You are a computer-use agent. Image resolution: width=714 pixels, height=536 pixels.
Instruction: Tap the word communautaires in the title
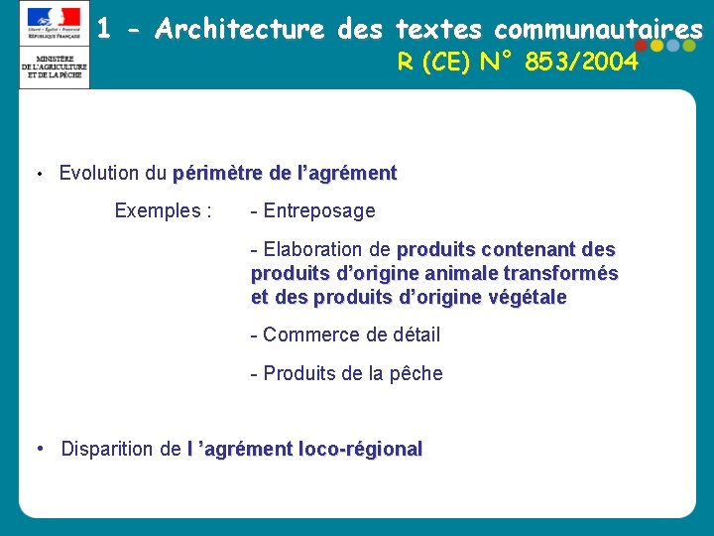pos(598,30)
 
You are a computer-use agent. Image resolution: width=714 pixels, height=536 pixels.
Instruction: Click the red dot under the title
pos(641,45)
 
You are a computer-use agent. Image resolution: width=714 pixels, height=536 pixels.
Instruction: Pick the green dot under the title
pos(687,45)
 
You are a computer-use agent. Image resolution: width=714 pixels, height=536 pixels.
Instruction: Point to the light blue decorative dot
pos(672,45)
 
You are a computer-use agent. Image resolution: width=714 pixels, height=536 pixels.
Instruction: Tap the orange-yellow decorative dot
pos(656,45)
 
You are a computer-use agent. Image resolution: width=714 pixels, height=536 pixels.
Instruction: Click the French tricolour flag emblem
pos(55,18)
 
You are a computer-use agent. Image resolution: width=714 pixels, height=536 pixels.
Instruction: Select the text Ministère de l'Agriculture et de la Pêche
pos(55,67)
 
